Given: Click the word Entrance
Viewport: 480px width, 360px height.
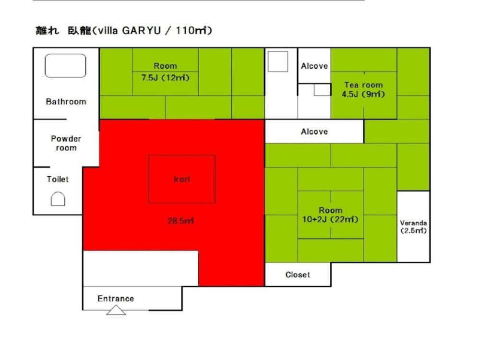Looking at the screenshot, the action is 116,299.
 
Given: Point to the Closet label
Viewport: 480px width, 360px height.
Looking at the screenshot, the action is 298,275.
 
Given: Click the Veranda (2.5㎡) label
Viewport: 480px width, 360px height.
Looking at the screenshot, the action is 413,227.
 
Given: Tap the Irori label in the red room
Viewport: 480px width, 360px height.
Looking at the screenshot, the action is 182,179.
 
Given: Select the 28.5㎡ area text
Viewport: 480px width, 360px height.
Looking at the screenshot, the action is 180,221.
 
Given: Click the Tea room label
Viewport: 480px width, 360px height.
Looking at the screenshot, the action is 363,85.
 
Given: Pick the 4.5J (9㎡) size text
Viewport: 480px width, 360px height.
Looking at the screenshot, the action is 363,94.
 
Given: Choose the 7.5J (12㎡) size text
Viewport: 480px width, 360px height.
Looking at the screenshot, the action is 165,77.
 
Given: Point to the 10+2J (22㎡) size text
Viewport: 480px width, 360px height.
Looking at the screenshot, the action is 330,219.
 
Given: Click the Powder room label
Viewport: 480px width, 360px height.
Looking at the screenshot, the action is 66,143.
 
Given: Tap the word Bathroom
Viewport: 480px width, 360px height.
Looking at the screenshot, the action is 66,102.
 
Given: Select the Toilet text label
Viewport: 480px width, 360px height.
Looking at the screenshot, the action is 58,179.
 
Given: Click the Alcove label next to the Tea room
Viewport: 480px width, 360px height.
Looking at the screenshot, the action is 314,66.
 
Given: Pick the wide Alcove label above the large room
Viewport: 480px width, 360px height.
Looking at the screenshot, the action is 314,132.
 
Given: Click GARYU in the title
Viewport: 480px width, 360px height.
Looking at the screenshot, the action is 142,31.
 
